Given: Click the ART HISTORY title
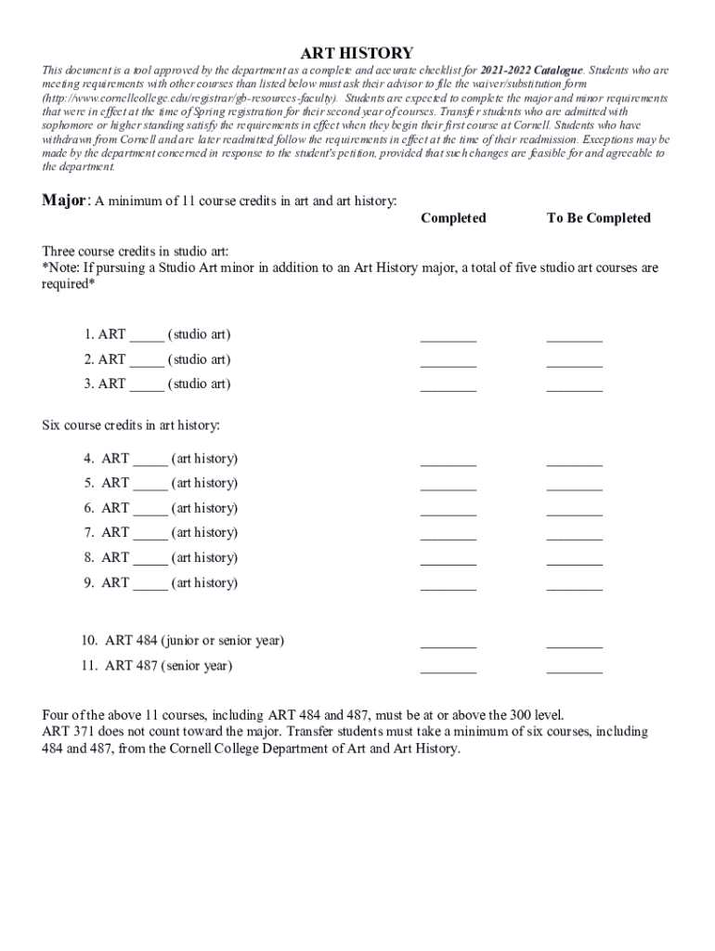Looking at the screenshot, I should click(357, 53).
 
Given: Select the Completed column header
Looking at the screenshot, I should click(453, 218).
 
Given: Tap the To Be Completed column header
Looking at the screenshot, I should click(598, 218).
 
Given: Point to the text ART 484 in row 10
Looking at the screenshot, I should click(131, 641).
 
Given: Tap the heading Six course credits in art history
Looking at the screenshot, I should click(131, 425).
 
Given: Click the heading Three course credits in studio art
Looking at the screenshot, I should click(136, 252).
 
